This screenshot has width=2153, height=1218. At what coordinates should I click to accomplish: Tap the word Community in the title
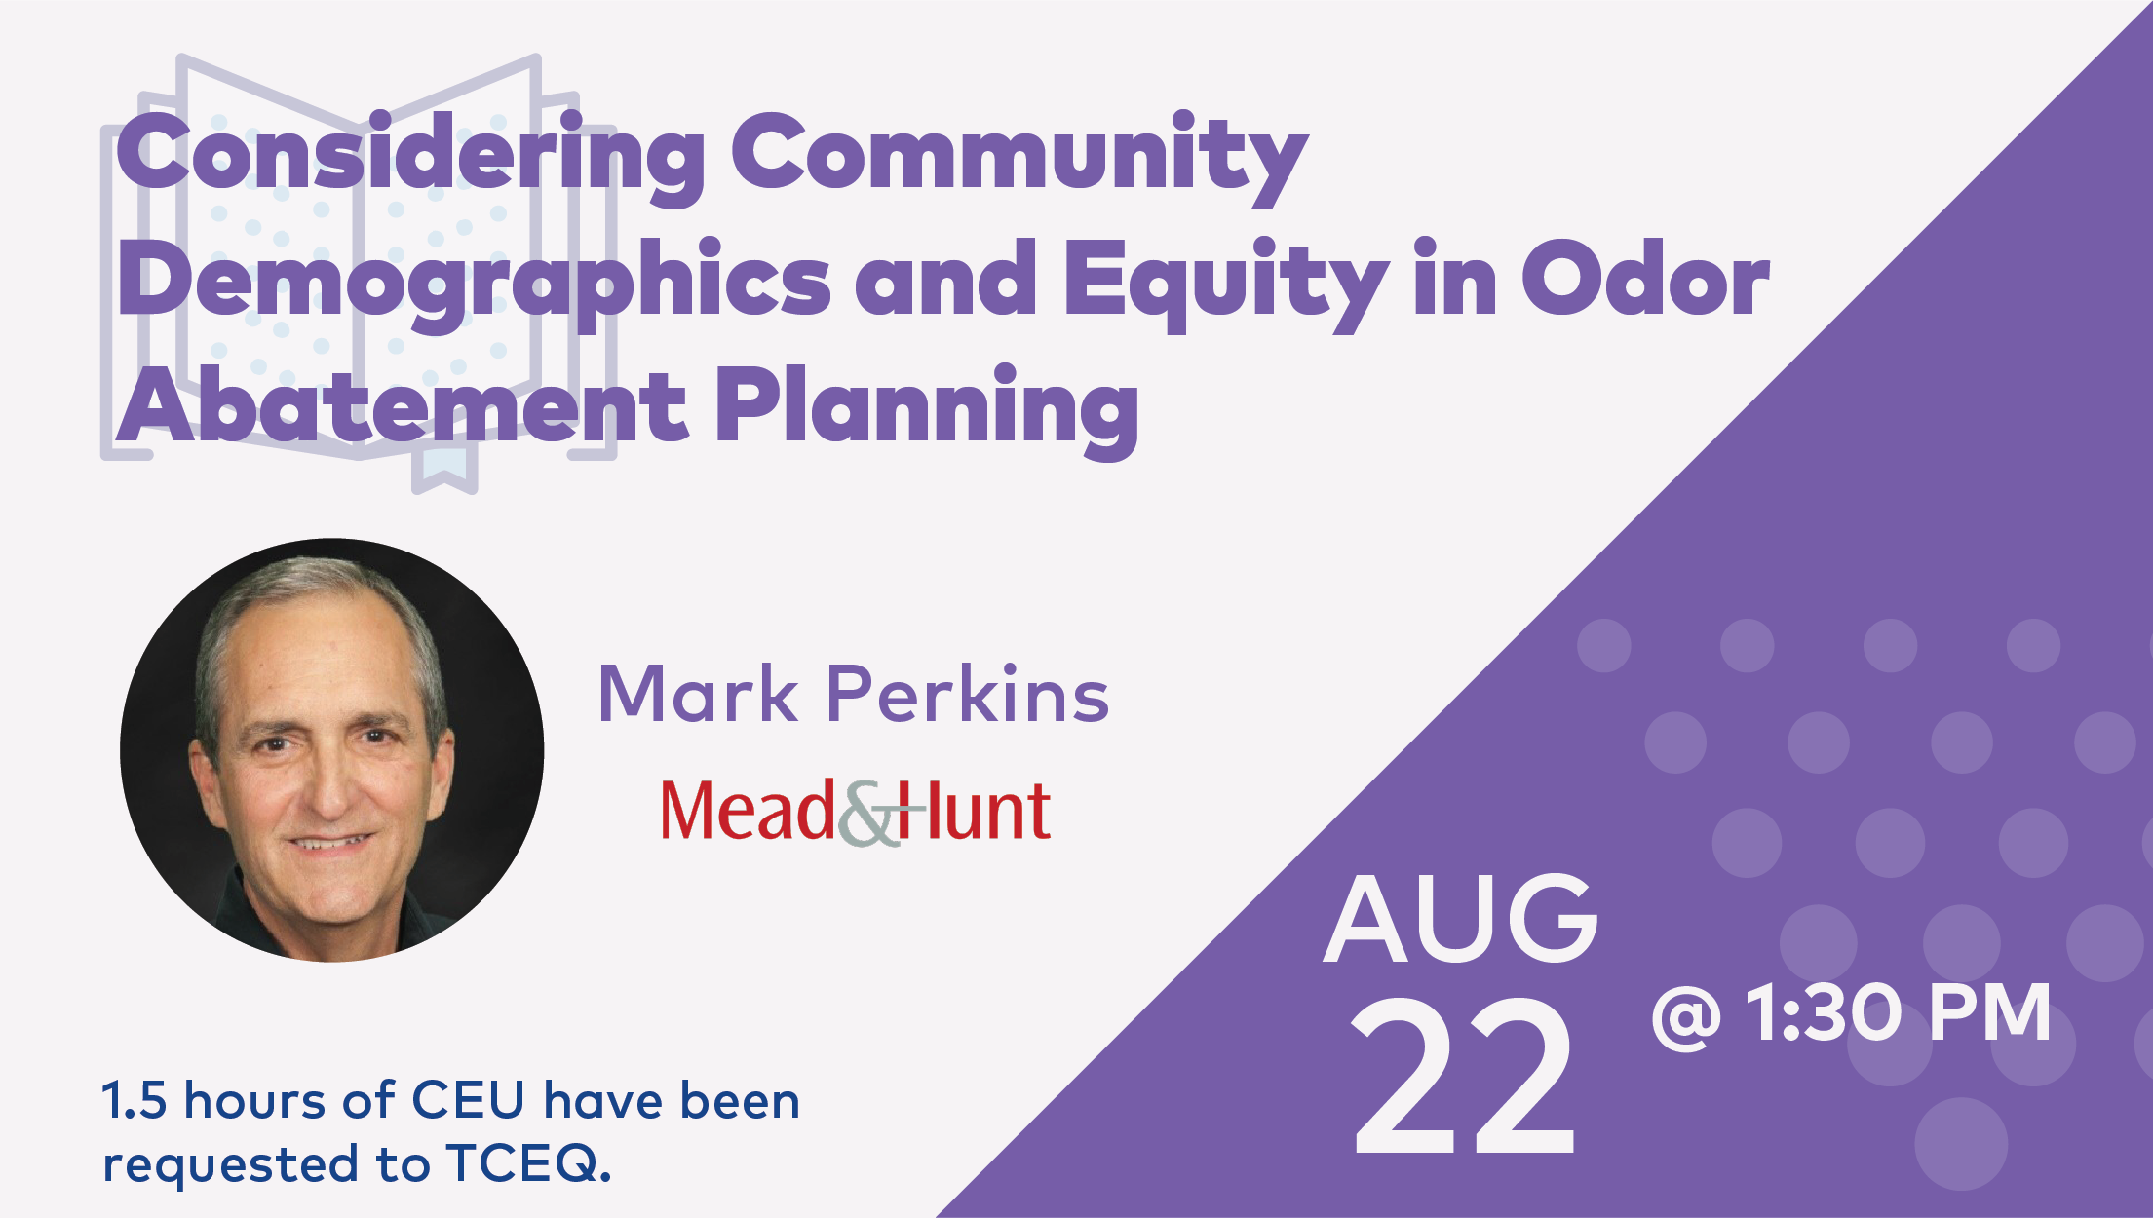point(1020,156)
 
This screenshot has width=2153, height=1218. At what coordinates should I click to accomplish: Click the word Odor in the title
point(1645,280)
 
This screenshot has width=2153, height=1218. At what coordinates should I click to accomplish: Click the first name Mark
point(698,694)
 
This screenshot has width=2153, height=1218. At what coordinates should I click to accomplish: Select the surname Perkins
point(968,694)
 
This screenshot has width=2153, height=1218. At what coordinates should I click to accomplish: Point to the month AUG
point(1460,919)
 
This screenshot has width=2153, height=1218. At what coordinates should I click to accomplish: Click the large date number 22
point(1464,1076)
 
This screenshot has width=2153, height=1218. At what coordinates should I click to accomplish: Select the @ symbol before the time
point(1686,1017)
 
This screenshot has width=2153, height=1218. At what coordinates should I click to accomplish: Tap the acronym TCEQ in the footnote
point(528,1163)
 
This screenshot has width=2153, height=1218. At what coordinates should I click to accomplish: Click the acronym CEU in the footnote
point(469,1101)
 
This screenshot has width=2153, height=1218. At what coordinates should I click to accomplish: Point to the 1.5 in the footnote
point(134,1101)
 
